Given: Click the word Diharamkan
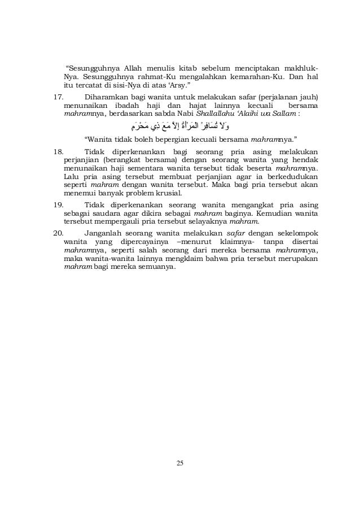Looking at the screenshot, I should point(106,95).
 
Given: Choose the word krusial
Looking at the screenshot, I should point(172,194).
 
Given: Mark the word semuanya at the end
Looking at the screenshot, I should point(157,267).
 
